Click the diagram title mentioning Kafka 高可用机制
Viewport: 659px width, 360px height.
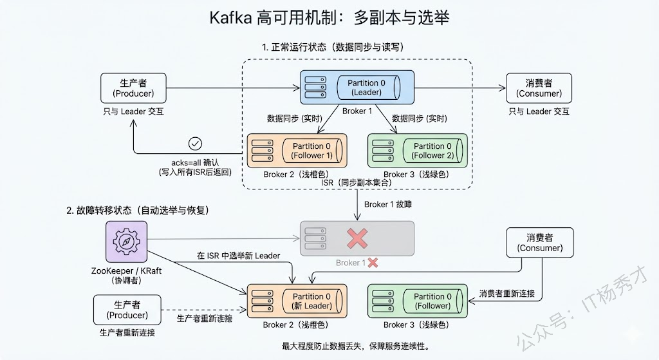[x=329, y=17]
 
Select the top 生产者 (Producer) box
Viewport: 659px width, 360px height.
[x=133, y=88]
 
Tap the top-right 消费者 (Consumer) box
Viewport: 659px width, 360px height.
[x=539, y=88]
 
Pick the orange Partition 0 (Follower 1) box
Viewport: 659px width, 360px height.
[x=297, y=151]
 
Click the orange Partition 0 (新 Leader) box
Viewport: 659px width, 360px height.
[x=297, y=301]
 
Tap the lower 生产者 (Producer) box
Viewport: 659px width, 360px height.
[x=127, y=310]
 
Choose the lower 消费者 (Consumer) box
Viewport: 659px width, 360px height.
[x=539, y=242]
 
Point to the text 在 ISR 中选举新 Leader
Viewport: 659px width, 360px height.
[x=238, y=256]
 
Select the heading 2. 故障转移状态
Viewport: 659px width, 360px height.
[x=139, y=211]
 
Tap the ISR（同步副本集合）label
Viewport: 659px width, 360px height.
[x=357, y=183]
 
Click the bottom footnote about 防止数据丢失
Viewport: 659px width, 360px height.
[x=355, y=346]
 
